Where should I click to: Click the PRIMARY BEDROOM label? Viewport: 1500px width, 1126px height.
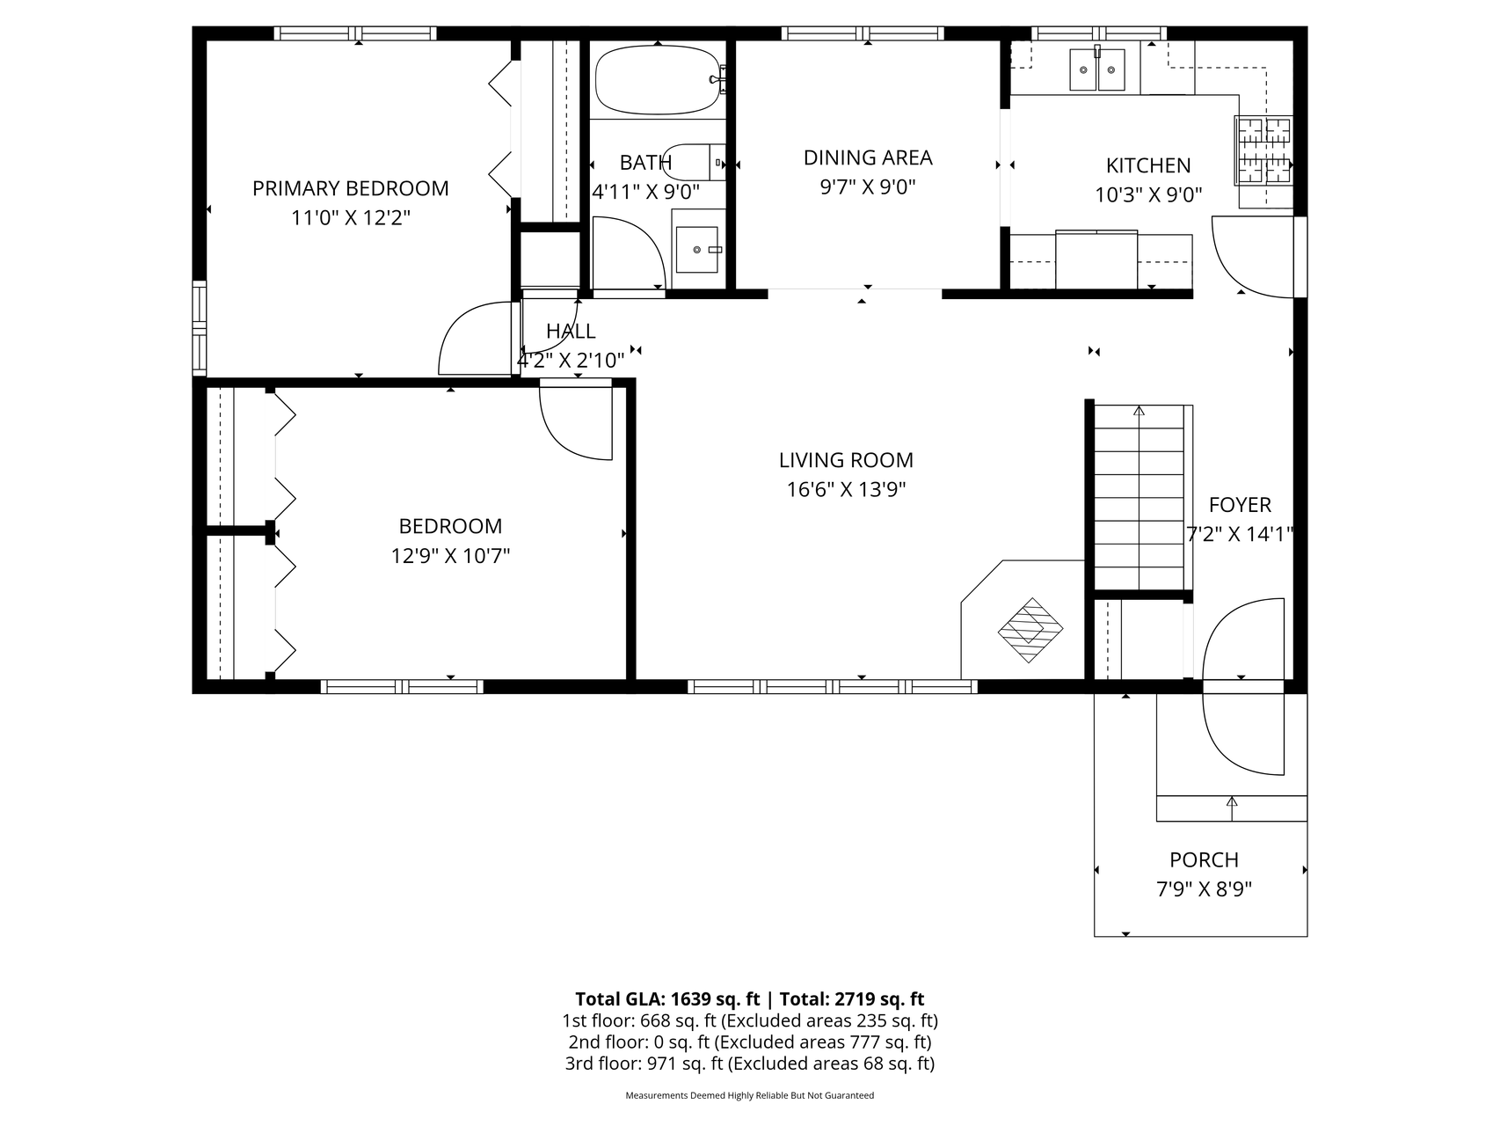[x=351, y=188]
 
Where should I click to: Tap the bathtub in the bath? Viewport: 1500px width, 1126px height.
[x=657, y=80]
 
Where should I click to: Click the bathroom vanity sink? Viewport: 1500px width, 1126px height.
[x=697, y=250]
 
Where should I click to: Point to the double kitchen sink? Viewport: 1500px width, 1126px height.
[x=1097, y=70]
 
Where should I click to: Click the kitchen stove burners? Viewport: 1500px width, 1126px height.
[x=1264, y=150]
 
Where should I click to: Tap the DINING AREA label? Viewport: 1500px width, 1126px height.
[x=868, y=157]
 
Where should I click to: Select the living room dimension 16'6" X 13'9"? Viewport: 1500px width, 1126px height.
[x=846, y=489]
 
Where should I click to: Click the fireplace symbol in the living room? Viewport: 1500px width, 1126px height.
[x=1030, y=630]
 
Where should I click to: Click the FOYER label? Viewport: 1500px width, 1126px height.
[x=1240, y=505]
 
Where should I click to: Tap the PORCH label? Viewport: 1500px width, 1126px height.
[x=1204, y=859]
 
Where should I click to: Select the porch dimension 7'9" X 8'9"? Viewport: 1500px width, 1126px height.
[x=1204, y=889]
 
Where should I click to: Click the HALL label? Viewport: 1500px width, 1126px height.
[x=571, y=331]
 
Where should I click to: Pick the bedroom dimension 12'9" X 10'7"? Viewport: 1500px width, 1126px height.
[x=450, y=556]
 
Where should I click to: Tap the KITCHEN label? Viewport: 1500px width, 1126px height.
[x=1148, y=165]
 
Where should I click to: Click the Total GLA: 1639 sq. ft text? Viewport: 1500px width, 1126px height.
[x=667, y=999]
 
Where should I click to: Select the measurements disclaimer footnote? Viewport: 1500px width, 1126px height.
[x=749, y=1096]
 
